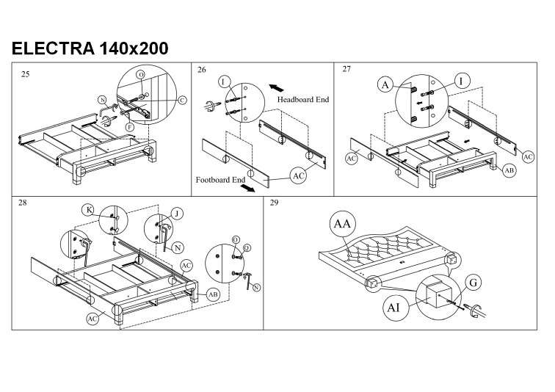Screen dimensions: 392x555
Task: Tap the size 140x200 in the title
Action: click(x=132, y=48)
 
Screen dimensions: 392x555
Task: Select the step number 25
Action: click(x=26, y=73)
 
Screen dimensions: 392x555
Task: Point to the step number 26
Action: click(x=202, y=70)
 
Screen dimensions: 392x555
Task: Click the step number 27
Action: click(x=347, y=69)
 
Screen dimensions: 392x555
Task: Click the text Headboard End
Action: click(x=301, y=99)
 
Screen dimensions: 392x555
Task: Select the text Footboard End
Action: click(x=220, y=179)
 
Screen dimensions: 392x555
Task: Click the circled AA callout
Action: click(x=343, y=224)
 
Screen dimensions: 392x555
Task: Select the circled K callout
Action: click(x=89, y=211)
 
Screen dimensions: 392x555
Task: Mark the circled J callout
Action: click(x=176, y=214)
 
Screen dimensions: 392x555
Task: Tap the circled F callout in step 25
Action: click(x=129, y=127)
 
